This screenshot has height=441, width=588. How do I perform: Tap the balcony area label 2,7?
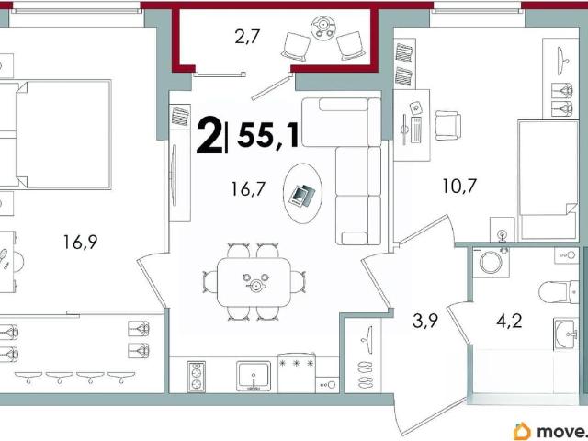coord(247,38)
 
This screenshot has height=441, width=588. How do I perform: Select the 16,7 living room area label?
coord(249,189)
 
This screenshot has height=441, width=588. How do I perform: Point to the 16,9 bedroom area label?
coord(80,243)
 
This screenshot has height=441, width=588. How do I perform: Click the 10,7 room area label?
coord(459,186)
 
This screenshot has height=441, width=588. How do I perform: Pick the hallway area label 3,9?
coord(425,321)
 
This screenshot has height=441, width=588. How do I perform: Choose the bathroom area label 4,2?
coord(509,322)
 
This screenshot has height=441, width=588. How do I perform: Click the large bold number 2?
coord(209,135)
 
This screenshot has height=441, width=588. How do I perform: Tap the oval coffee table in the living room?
coord(302,194)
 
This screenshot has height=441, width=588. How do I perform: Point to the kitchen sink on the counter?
coord(254,376)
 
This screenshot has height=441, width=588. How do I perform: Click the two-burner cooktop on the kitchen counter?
coord(197,377)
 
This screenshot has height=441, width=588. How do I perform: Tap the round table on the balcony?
coord(322,28)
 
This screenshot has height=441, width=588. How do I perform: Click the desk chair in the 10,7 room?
coord(447,126)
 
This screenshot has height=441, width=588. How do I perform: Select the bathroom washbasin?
coord(566,334)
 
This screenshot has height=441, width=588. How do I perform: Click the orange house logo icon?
coord(523,431)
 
